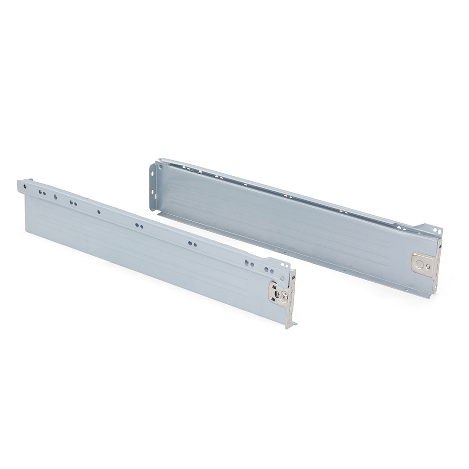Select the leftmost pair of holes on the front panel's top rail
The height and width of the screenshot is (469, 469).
point(42,193)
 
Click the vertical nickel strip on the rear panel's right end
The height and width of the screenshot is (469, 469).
point(437,264)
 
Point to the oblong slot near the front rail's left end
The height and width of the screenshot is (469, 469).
point(56,197)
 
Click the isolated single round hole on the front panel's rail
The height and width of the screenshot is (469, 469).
point(98,212)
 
